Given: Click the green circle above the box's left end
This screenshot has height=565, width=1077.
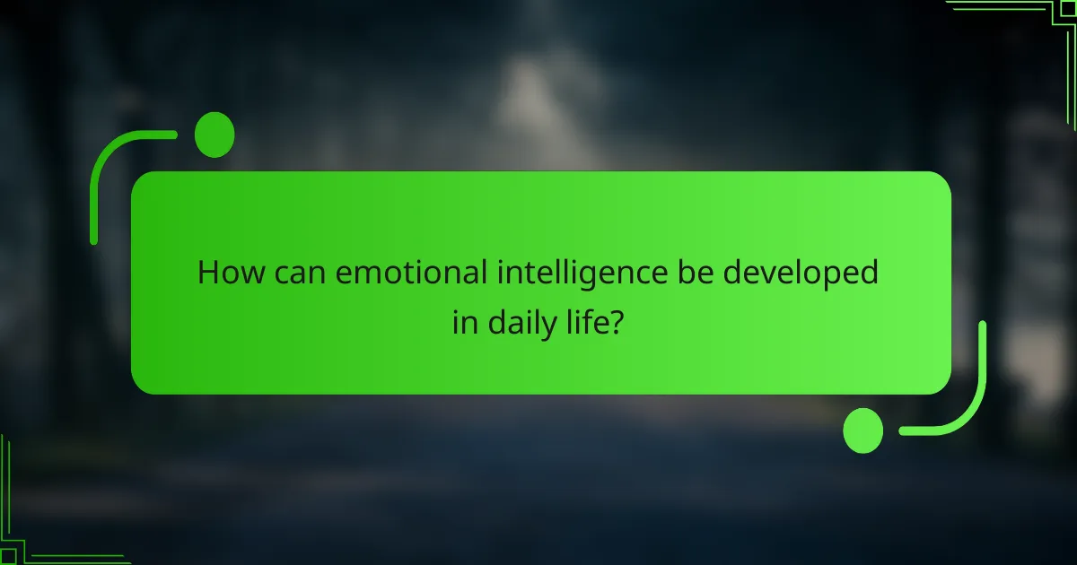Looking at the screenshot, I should pos(215,135).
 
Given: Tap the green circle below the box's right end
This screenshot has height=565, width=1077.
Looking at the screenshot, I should pos(863,430).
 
